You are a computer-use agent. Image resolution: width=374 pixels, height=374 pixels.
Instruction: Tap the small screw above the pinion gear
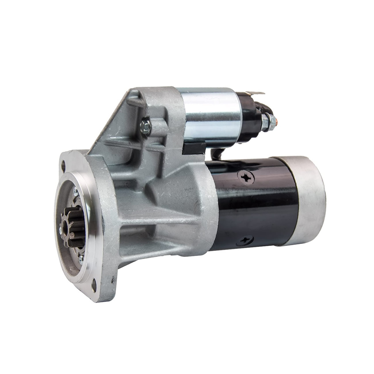[x=75, y=190]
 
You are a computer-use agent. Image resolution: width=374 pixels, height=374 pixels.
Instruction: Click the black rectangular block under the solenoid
[x=194, y=146]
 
